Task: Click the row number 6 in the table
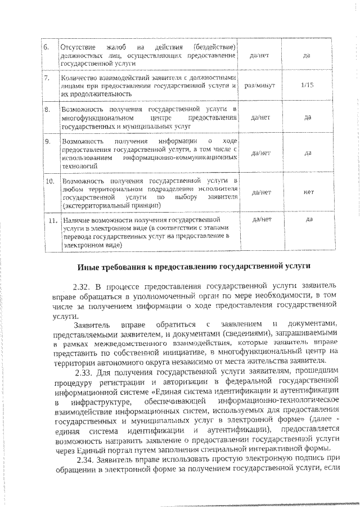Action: pos(47,46)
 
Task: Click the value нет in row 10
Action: pos(308,192)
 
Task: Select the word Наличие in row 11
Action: pos(75,221)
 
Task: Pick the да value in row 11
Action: pos(309,219)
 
